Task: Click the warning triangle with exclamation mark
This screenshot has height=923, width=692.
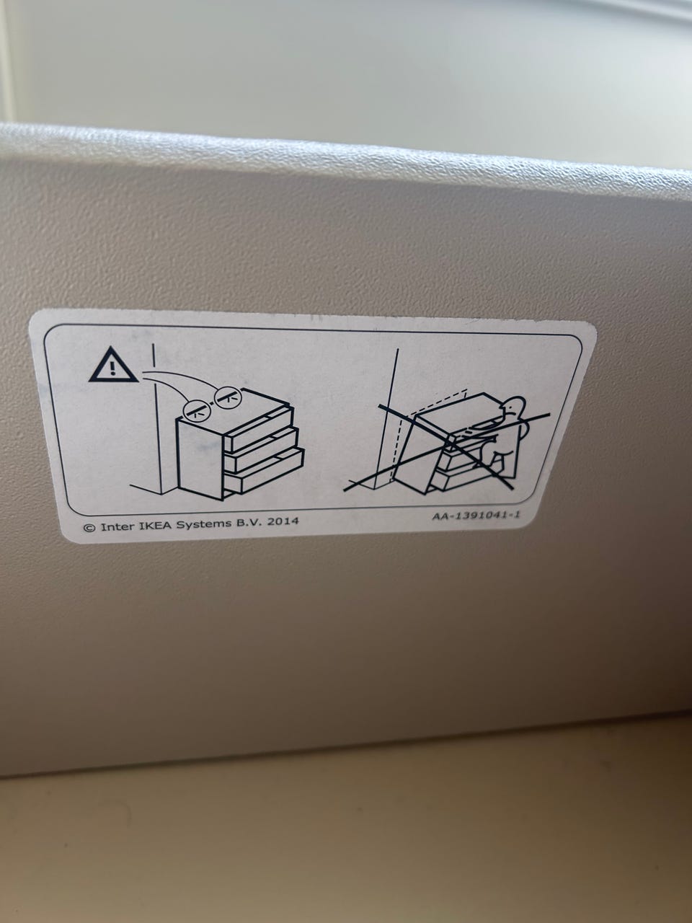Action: pyautogui.click(x=113, y=366)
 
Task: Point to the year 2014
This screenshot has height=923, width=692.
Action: pyautogui.click(x=283, y=521)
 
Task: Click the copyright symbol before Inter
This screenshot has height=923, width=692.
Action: pyautogui.click(x=89, y=528)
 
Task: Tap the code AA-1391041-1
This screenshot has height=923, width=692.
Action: pyautogui.click(x=476, y=515)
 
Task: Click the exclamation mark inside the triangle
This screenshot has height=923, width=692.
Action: pyautogui.click(x=112, y=368)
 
